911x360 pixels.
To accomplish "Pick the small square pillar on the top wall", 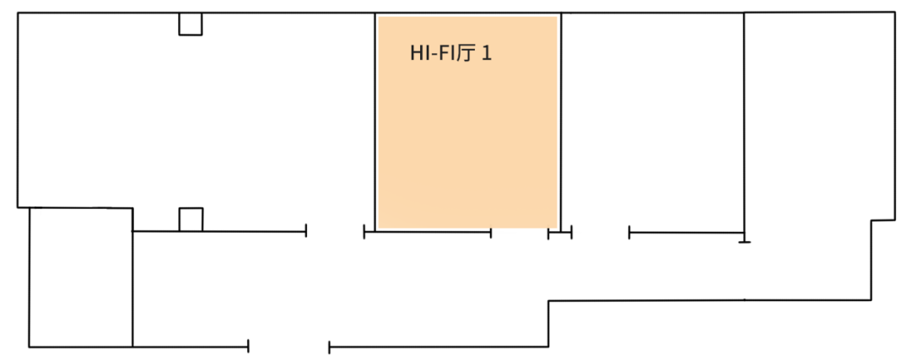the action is (x=190, y=24).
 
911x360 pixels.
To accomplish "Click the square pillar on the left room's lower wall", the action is (x=191, y=219).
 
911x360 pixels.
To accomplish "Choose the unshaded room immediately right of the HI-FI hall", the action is (x=652, y=118).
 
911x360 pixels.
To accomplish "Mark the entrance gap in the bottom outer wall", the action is (x=288, y=347).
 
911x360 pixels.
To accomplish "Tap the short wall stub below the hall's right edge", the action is (x=560, y=233).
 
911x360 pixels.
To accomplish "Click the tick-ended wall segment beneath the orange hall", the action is (x=428, y=232).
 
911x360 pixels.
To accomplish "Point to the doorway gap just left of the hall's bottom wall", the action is (x=335, y=232).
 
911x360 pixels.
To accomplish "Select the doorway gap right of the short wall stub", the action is (x=601, y=233).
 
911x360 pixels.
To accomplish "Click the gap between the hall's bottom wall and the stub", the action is (x=520, y=233).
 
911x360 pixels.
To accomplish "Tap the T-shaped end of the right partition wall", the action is (x=744, y=241).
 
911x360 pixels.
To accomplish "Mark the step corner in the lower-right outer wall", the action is (x=549, y=302).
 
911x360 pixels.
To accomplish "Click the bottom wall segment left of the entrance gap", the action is (x=190, y=347).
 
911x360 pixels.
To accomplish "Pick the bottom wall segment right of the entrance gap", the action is (x=439, y=347).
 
